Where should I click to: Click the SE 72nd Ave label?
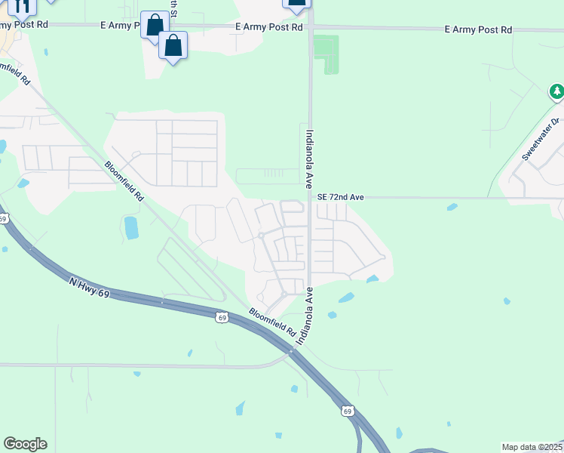[x=341, y=197]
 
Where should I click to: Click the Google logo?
[x=25, y=443]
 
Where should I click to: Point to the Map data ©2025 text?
[x=532, y=447]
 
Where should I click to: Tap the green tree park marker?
[x=556, y=92]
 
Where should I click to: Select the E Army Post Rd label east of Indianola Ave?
[x=478, y=29]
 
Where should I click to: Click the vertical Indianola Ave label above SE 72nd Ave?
[x=309, y=158]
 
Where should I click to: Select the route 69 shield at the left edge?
[x=3, y=219]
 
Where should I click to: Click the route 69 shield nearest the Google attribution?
[x=346, y=411]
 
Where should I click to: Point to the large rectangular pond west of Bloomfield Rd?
[x=131, y=227]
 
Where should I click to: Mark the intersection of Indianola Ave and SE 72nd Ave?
[x=309, y=198]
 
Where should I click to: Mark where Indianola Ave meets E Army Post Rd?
[x=309, y=26]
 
